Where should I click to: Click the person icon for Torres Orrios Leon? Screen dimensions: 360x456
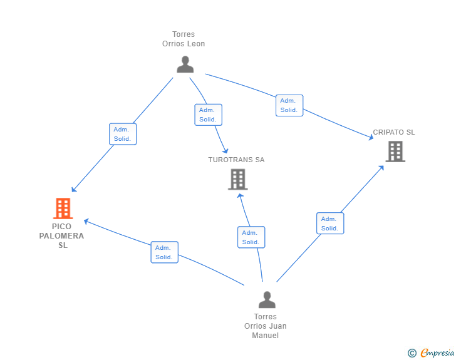[185, 64]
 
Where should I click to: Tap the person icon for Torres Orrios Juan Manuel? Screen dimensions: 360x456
[267, 300]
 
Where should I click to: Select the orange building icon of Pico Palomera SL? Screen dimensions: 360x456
[63, 208]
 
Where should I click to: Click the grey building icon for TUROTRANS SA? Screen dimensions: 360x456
[237, 180]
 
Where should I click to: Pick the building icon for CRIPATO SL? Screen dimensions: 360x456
[395, 151]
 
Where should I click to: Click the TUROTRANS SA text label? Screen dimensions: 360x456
[236, 160]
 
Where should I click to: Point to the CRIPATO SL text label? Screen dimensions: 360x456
[394, 132]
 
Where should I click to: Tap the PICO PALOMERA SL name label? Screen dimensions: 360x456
[61, 235]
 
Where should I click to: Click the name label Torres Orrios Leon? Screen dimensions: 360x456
[184, 39]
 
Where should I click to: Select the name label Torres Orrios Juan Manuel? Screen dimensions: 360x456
[266, 326]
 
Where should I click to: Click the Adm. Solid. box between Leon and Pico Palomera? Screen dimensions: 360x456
[122, 134]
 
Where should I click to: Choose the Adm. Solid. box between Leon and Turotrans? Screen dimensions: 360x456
[208, 115]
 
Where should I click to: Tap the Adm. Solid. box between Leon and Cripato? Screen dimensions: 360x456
[289, 105]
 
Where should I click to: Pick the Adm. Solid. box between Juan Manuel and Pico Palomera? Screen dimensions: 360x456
[164, 252]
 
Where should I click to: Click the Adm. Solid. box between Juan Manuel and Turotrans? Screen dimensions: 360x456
[251, 237]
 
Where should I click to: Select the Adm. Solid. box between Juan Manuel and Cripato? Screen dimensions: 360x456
[329, 224]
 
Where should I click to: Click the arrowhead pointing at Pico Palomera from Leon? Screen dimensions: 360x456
[73, 190]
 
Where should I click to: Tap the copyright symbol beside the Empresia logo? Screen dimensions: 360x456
[412, 353]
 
